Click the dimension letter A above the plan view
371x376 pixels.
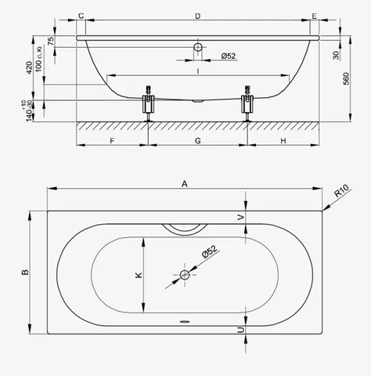(x=185, y=184)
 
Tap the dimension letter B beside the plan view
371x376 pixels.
(x=25, y=272)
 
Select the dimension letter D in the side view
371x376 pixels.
(x=198, y=16)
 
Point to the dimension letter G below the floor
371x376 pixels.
(x=198, y=141)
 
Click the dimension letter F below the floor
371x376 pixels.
(x=112, y=141)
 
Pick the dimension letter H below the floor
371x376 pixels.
(x=283, y=141)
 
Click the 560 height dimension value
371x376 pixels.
(x=346, y=78)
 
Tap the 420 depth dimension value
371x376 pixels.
(x=30, y=67)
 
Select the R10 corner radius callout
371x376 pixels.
(x=341, y=191)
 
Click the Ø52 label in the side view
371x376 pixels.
(x=229, y=56)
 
